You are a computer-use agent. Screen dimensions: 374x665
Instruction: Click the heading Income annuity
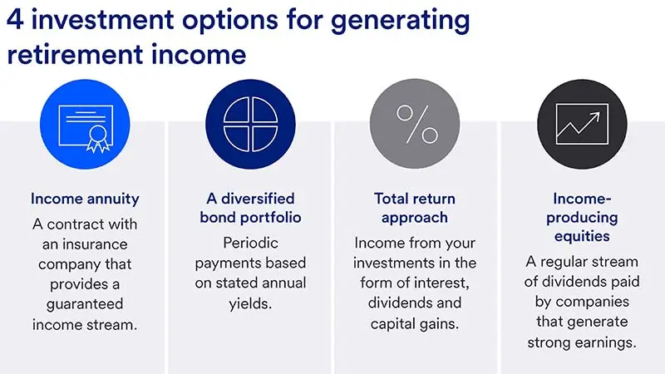[84, 199]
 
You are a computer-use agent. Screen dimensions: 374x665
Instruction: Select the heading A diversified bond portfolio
[249, 209]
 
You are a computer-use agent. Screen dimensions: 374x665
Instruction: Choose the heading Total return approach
[415, 209]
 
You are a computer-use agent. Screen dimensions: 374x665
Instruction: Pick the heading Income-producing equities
[580, 218]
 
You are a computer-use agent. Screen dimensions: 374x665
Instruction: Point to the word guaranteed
[84, 282]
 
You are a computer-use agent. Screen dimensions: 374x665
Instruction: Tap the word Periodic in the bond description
[249, 244]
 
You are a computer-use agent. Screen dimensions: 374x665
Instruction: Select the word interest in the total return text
[448, 282]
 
